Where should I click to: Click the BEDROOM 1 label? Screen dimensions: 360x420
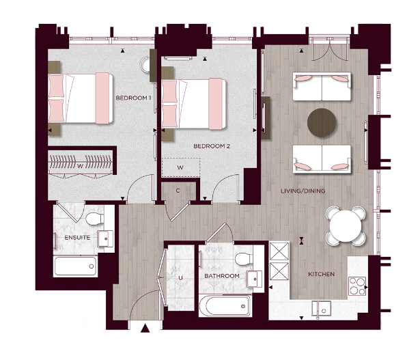pos(133,98)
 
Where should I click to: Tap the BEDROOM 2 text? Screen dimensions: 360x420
pos(211,146)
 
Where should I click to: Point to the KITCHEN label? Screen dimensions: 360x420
pos(321,274)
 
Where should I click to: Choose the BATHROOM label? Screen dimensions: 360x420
pos(222,276)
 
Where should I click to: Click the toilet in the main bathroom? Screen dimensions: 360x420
pos(242,258)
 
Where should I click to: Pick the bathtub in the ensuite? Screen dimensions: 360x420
pos(76,266)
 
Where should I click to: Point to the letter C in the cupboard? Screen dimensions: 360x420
pos(178,191)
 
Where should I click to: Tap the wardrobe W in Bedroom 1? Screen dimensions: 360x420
pos(81,165)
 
